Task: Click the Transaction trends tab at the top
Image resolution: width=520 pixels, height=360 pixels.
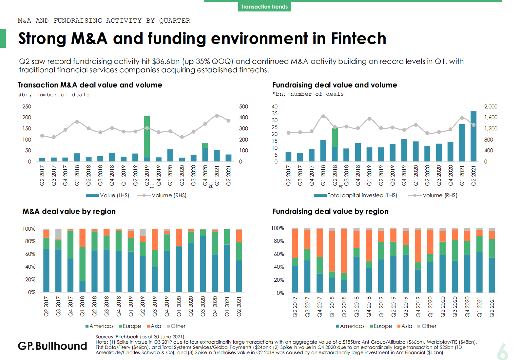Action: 264,7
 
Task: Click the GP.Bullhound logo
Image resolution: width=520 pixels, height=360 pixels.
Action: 52,346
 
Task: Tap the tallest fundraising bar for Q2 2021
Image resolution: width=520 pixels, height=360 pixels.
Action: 473,136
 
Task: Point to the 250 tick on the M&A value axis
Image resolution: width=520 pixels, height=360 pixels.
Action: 27,106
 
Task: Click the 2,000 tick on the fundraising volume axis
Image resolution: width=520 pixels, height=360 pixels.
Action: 491,106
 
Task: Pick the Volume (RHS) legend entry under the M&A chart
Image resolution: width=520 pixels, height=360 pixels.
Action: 162,195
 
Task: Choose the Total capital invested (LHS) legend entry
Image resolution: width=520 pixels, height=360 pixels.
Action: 356,195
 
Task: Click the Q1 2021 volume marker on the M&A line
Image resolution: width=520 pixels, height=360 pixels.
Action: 217,116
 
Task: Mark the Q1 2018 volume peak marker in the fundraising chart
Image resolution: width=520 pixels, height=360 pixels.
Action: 323,116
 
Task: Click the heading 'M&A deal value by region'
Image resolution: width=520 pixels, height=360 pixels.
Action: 69,211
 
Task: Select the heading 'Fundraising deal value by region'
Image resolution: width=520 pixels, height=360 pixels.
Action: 330,211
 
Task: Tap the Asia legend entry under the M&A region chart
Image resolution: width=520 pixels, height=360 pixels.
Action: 154,326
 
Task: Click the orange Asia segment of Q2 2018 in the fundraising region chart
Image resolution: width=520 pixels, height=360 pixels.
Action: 344,251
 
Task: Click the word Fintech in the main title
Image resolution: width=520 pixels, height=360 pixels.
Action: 358,38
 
